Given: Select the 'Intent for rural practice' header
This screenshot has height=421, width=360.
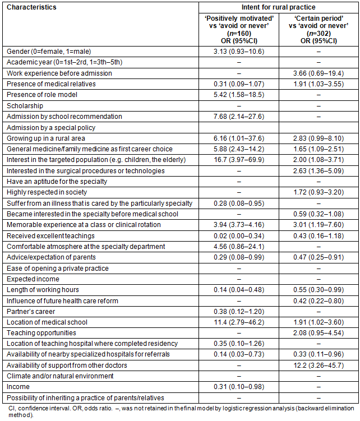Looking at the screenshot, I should (278, 7).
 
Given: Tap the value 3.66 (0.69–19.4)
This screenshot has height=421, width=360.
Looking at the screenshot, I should (318, 73).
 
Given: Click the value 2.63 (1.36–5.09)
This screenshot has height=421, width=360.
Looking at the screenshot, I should (318, 170).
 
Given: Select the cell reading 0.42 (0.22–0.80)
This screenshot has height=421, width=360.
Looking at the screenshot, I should (318, 300).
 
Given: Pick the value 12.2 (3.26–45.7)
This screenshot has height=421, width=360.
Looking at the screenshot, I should (318, 366).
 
